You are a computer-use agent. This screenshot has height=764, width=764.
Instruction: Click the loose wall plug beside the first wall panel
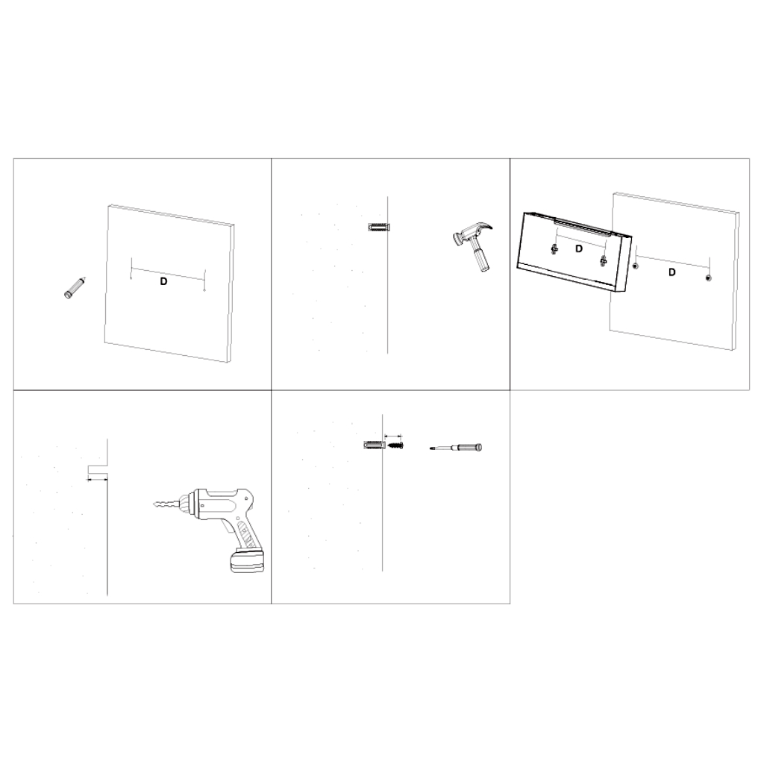click(x=75, y=288)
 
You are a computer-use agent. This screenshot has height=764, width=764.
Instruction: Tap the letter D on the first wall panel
click(x=164, y=281)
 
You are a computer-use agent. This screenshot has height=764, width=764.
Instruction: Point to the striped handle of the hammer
click(x=480, y=258)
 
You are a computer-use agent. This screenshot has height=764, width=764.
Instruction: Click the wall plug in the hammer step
click(x=378, y=226)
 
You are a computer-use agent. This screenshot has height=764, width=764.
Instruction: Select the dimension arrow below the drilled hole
click(x=98, y=480)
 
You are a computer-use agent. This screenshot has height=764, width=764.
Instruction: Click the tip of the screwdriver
click(x=433, y=448)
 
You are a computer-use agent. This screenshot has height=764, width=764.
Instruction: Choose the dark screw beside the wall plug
click(x=395, y=445)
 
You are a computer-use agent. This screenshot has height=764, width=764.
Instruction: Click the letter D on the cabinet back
click(x=579, y=249)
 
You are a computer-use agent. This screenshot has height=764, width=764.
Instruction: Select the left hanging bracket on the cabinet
click(x=554, y=249)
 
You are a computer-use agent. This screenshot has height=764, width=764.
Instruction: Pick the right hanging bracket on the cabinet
click(x=603, y=260)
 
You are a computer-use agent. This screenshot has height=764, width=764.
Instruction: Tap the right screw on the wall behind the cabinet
click(x=707, y=279)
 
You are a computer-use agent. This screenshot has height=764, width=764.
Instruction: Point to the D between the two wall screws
click(x=671, y=272)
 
